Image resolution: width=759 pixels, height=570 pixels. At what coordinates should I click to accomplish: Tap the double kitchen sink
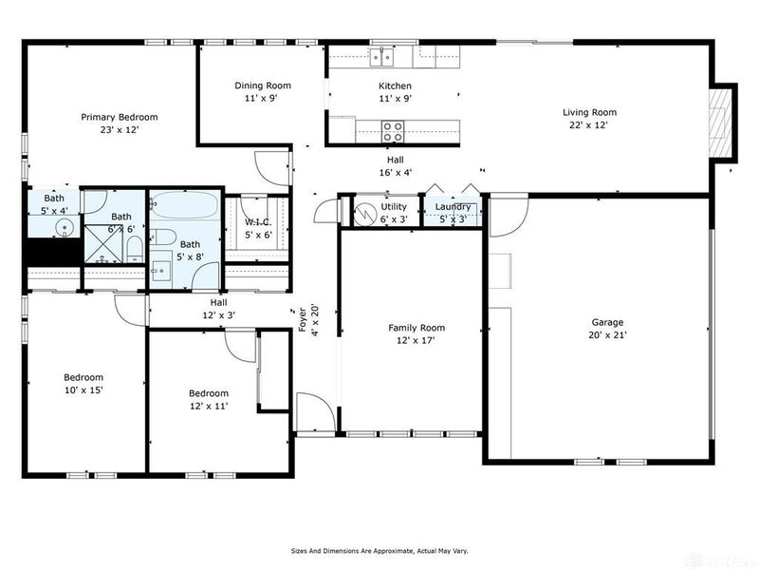point(383,57)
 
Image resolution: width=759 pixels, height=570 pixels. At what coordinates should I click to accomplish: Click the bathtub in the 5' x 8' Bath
point(186,206)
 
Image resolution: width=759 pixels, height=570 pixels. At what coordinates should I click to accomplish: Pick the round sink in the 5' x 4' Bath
point(63,226)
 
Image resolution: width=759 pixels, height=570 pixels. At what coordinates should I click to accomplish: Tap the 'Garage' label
point(607,321)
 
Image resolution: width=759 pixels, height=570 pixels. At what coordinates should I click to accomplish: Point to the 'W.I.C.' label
point(258,222)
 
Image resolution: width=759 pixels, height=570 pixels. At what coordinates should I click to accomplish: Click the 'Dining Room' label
point(263,85)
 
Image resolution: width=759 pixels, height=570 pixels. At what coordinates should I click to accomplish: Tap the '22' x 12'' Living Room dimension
point(589,124)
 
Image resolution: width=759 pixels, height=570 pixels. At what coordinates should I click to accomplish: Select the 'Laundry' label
point(454,207)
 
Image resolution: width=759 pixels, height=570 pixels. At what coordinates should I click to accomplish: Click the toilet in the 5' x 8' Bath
point(161,237)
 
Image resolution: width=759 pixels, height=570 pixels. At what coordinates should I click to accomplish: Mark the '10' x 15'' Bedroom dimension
point(83,389)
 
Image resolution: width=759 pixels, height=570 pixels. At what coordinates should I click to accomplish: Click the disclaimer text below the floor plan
point(379,550)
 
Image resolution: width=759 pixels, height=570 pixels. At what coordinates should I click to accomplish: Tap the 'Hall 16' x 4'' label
point(394,166)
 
